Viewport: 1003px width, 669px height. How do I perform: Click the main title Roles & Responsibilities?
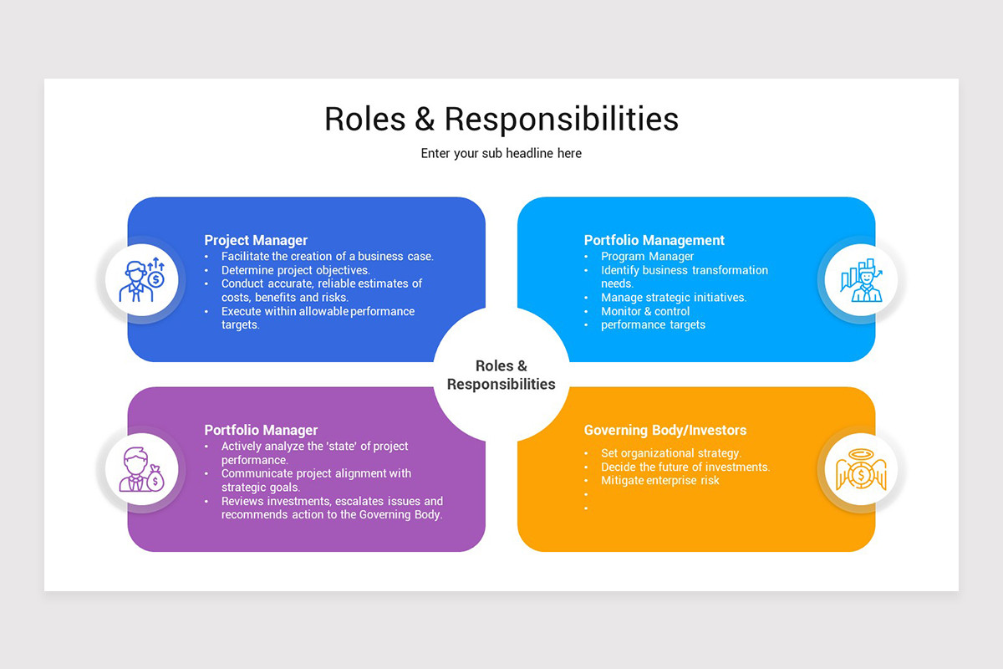(501, 119)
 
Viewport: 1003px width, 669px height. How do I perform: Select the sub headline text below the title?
(501, 154)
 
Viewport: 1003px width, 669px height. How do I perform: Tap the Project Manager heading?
(256, 240)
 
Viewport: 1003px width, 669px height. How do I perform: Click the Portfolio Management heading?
(654, 240)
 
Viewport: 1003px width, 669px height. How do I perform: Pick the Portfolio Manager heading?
(261, 430)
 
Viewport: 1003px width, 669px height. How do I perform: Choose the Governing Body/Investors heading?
(664, 430)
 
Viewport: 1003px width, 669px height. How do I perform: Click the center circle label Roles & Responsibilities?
(501, 375)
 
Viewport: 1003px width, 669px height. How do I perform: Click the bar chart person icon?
(861, 280)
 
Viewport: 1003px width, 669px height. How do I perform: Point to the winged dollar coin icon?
(861, 469)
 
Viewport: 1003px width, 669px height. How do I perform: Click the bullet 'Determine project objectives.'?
(295, 270)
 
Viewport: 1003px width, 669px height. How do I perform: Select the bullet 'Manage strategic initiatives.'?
(673, 297)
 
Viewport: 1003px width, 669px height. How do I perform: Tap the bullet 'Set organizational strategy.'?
(670, 453)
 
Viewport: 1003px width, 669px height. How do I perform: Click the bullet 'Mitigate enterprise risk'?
(659, 480)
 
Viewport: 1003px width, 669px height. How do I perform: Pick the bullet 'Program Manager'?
(647, 257)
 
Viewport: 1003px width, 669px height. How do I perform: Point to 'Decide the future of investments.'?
(685, 467)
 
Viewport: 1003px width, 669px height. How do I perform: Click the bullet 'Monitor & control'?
(645, 311)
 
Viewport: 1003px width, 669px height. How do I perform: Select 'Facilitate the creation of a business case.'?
(327, 257)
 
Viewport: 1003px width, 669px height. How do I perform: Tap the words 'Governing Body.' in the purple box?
(400, 515)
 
